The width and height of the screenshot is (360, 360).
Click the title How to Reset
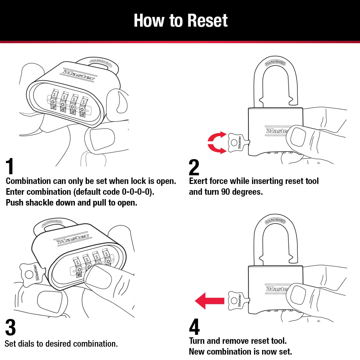click(x=180, y=21)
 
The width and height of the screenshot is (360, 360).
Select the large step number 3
click(x=10, y=327)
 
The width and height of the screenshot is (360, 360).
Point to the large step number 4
click(x=194, y=327)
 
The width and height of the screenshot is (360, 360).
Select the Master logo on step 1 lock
click(x=79, y=75)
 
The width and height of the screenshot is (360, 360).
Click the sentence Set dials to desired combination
click(x=61, y=343)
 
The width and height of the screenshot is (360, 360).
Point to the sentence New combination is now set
click(x=240, y=351)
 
